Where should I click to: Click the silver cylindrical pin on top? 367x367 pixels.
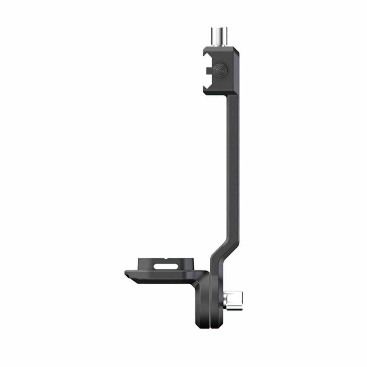pos(218,37)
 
